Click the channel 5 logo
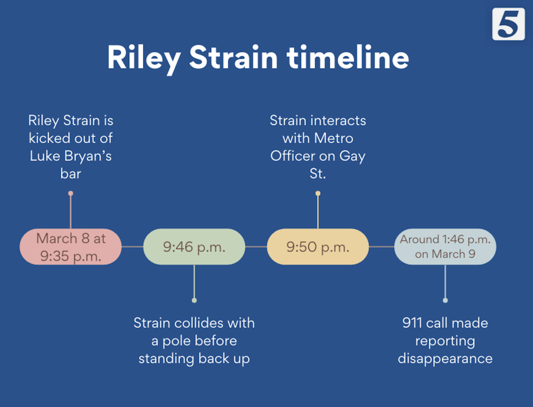click(508, 24)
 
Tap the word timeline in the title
click(348, 57)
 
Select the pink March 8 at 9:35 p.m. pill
click(70, 247)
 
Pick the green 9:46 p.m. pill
click(194, 247)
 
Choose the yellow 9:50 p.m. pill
click(318, 247)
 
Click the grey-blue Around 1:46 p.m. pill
click(445, 247)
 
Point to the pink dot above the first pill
click(71, 193)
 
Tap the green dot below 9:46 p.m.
click(194, 300)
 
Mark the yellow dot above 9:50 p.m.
click(318, 193)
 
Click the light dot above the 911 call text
click(445, 300)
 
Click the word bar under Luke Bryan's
click(70, 173)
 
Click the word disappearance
click(445, 359)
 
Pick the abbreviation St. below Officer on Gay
click(317, 173)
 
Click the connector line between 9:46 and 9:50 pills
click(256, 247)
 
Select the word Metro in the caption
click(334, 138)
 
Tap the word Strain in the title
click(233, 57)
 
